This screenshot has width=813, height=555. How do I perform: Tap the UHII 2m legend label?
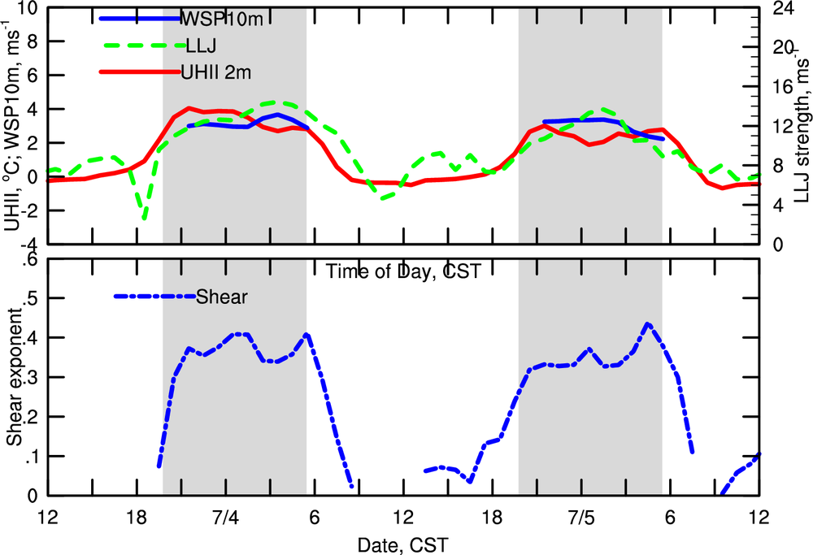[215, 72]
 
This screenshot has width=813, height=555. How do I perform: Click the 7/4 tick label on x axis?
[225, 516]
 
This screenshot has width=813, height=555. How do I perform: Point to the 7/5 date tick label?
[581, 516]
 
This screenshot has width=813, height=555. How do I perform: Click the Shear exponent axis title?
[15, 378]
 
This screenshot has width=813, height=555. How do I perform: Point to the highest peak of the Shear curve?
[647, 323]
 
